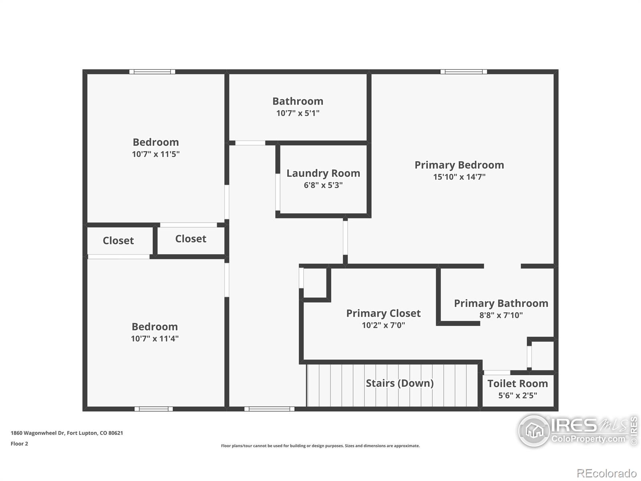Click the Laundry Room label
(323, 173)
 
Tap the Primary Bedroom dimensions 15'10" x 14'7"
(459, 177)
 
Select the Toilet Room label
(518, 384)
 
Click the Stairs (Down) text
(399, 383)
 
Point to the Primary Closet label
(383, 313)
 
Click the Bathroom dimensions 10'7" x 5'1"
(298, 113)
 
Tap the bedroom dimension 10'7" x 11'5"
(156, 154)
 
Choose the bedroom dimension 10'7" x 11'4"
(155, 338)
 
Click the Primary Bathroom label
(501, 303)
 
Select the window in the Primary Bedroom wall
(464, 72)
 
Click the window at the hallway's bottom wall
(269, 409)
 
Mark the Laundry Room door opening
(278, 192)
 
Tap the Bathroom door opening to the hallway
(250, 143)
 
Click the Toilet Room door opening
(497, 372)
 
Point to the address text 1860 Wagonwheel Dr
(37, 433)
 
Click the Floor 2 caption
(19, 444)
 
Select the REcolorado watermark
(607, 473)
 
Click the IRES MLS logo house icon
(534, 430)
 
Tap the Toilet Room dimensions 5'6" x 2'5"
(518, 396)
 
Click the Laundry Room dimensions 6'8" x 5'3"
(323, 185)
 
